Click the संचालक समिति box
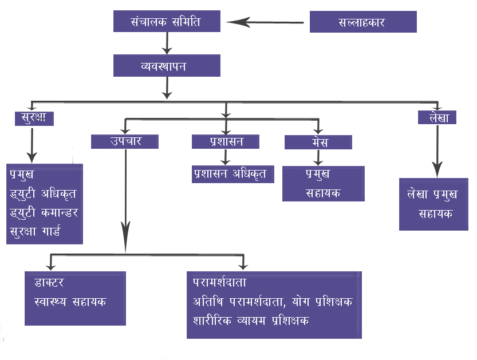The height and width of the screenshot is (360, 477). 167,22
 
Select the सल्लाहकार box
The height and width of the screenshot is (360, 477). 362,22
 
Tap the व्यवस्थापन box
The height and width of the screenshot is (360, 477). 167,66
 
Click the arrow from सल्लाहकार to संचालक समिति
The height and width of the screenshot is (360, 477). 263,23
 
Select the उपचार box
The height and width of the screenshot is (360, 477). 124,141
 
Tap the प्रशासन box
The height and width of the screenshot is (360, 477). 225,141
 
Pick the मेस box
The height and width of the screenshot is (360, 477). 318,141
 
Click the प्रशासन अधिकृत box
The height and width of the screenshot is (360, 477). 232,174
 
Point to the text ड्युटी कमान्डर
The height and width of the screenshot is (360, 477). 44,212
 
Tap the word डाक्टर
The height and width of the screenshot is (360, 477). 48,282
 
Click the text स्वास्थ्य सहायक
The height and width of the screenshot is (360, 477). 70,302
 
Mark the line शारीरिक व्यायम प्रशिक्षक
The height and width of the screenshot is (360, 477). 251,321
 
